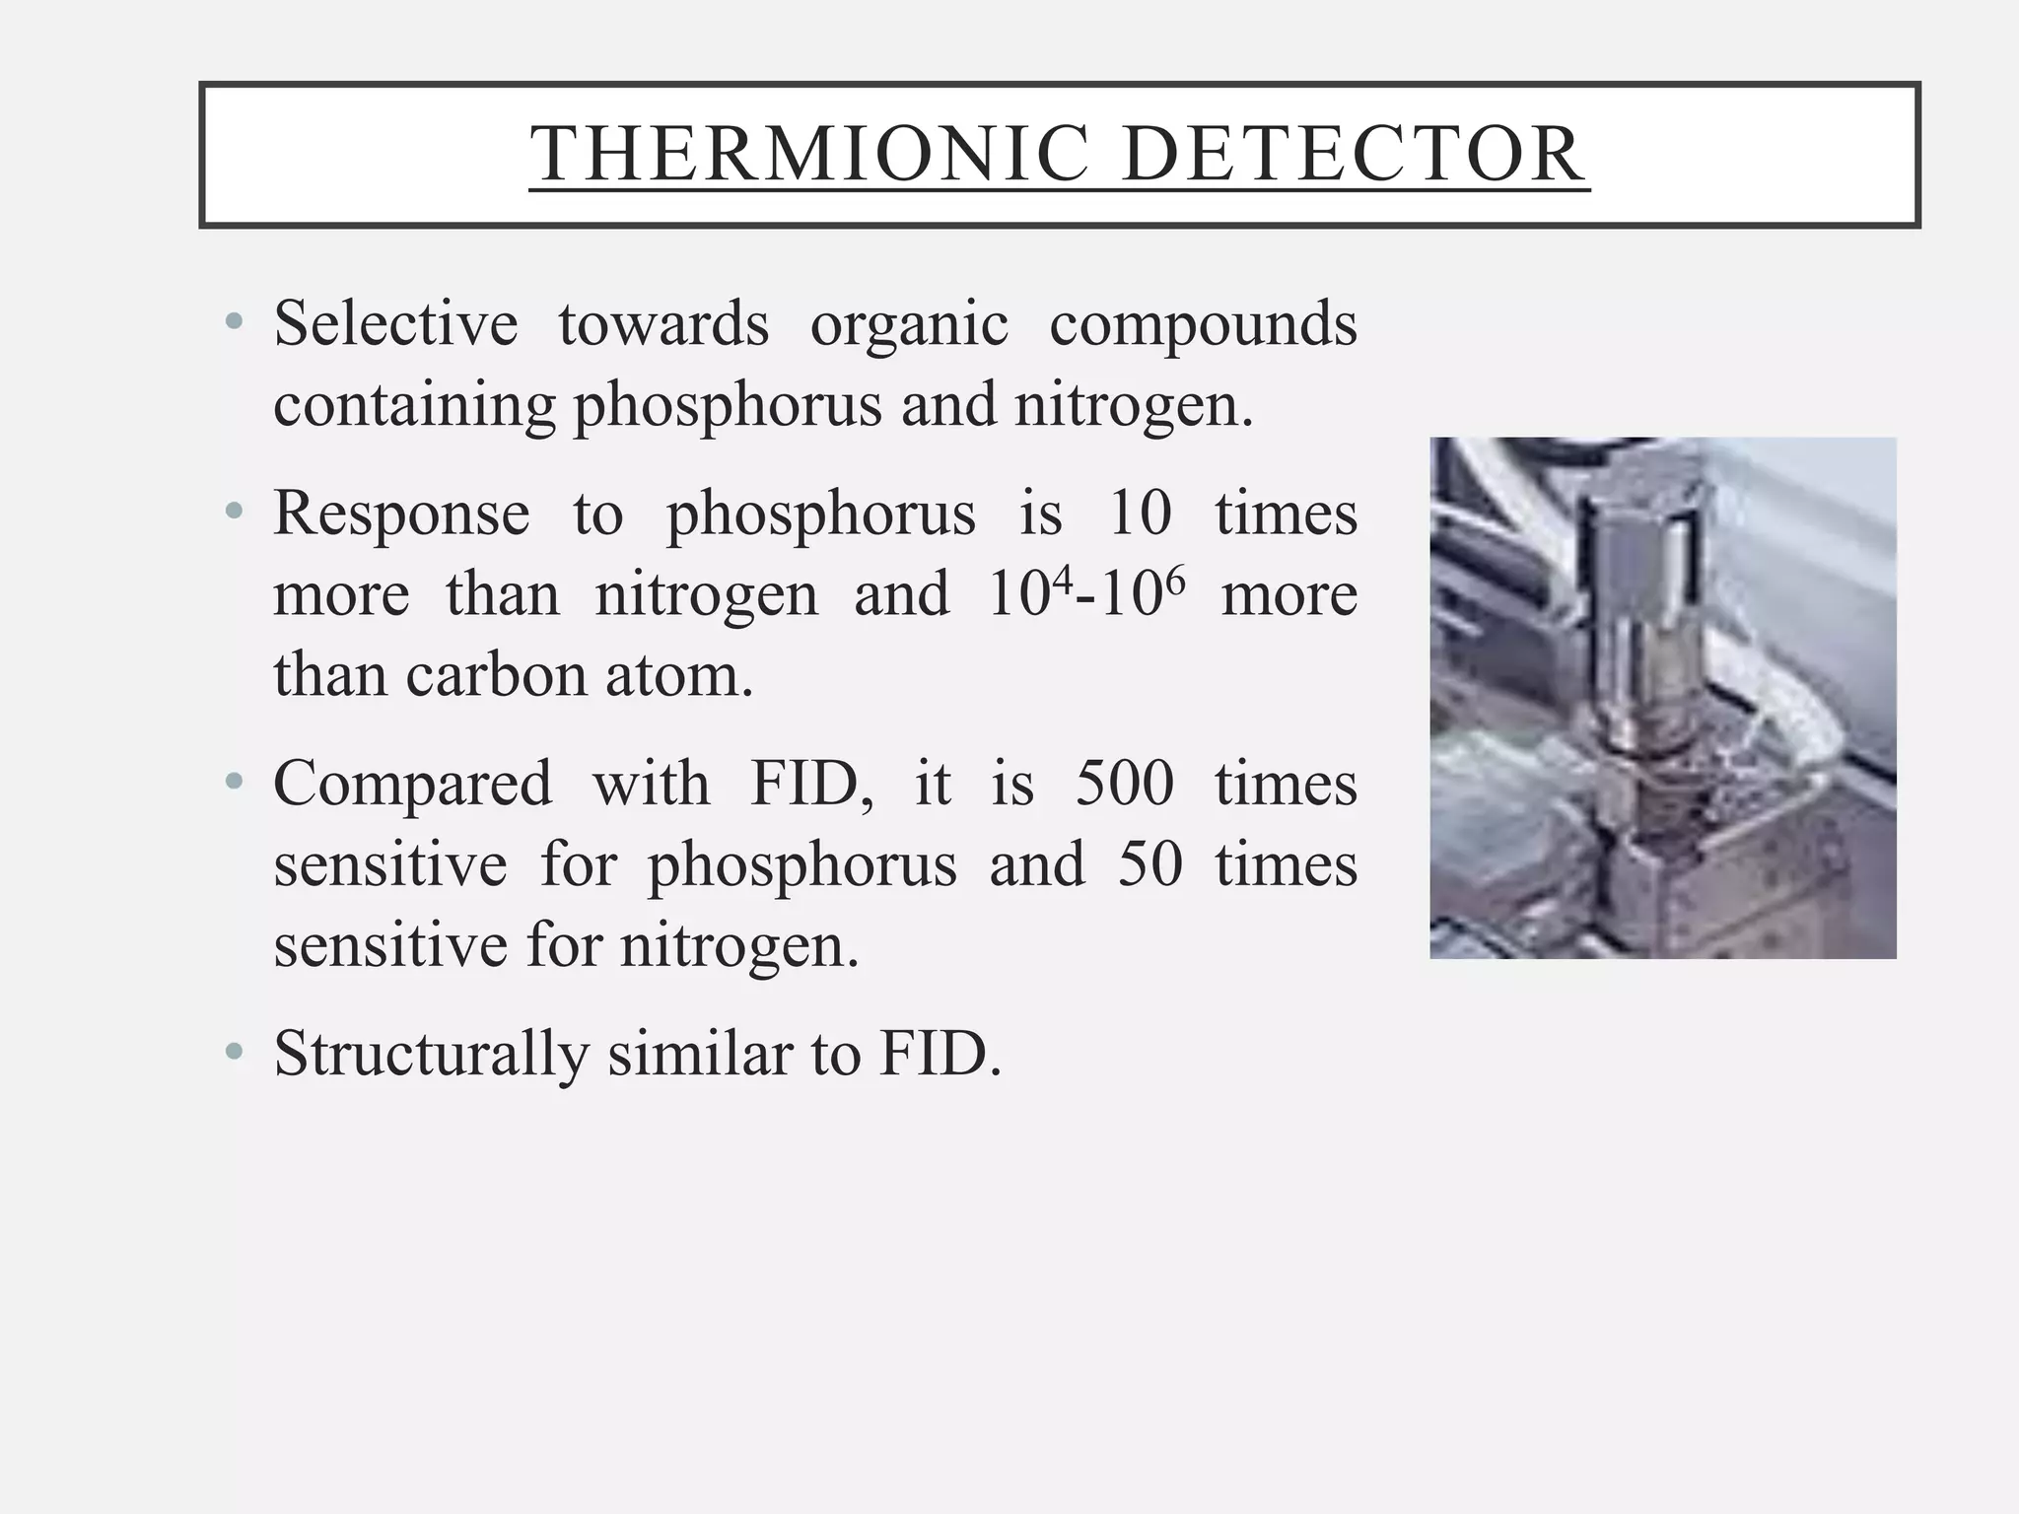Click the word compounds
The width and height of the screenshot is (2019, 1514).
1203,325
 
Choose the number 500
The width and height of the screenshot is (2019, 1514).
1125,784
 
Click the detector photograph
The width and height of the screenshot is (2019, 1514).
1662,697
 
